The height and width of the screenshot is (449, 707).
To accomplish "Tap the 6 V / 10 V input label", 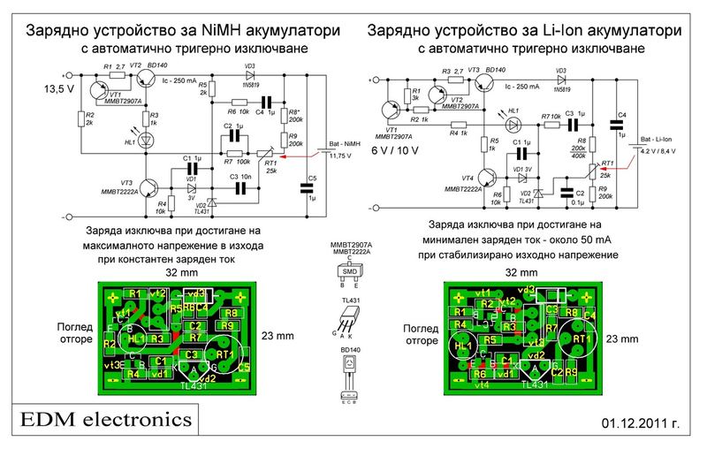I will (397, 150).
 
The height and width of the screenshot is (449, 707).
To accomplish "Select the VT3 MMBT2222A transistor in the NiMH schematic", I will (151, 188).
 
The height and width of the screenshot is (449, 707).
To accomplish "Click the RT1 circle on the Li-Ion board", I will (581, 339).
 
